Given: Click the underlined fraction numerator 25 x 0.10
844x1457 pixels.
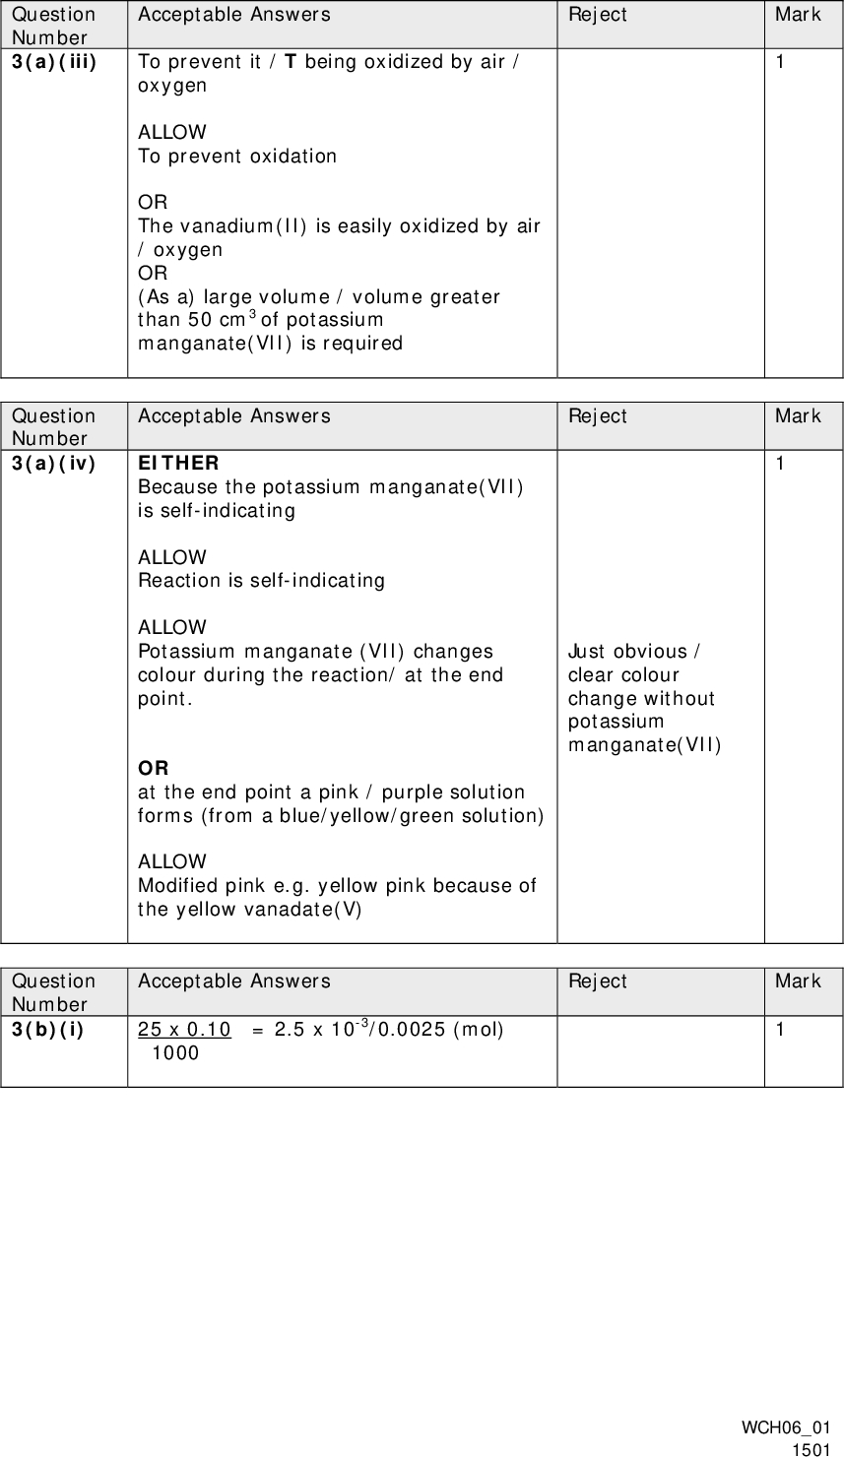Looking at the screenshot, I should click(x=184, y=1030).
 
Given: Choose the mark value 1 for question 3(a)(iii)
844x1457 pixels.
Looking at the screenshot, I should click(x=780, y=62).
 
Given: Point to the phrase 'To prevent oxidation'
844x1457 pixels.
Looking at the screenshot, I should click(x=237, y=156).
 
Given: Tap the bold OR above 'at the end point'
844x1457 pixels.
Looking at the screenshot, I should click(x=153, y=768).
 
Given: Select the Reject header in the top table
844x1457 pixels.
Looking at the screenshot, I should click(x=597, y=14).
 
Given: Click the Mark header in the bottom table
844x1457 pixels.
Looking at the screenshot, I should click(x=798, y=981).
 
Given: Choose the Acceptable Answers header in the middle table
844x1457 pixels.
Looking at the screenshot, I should click(x=234, y=415).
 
